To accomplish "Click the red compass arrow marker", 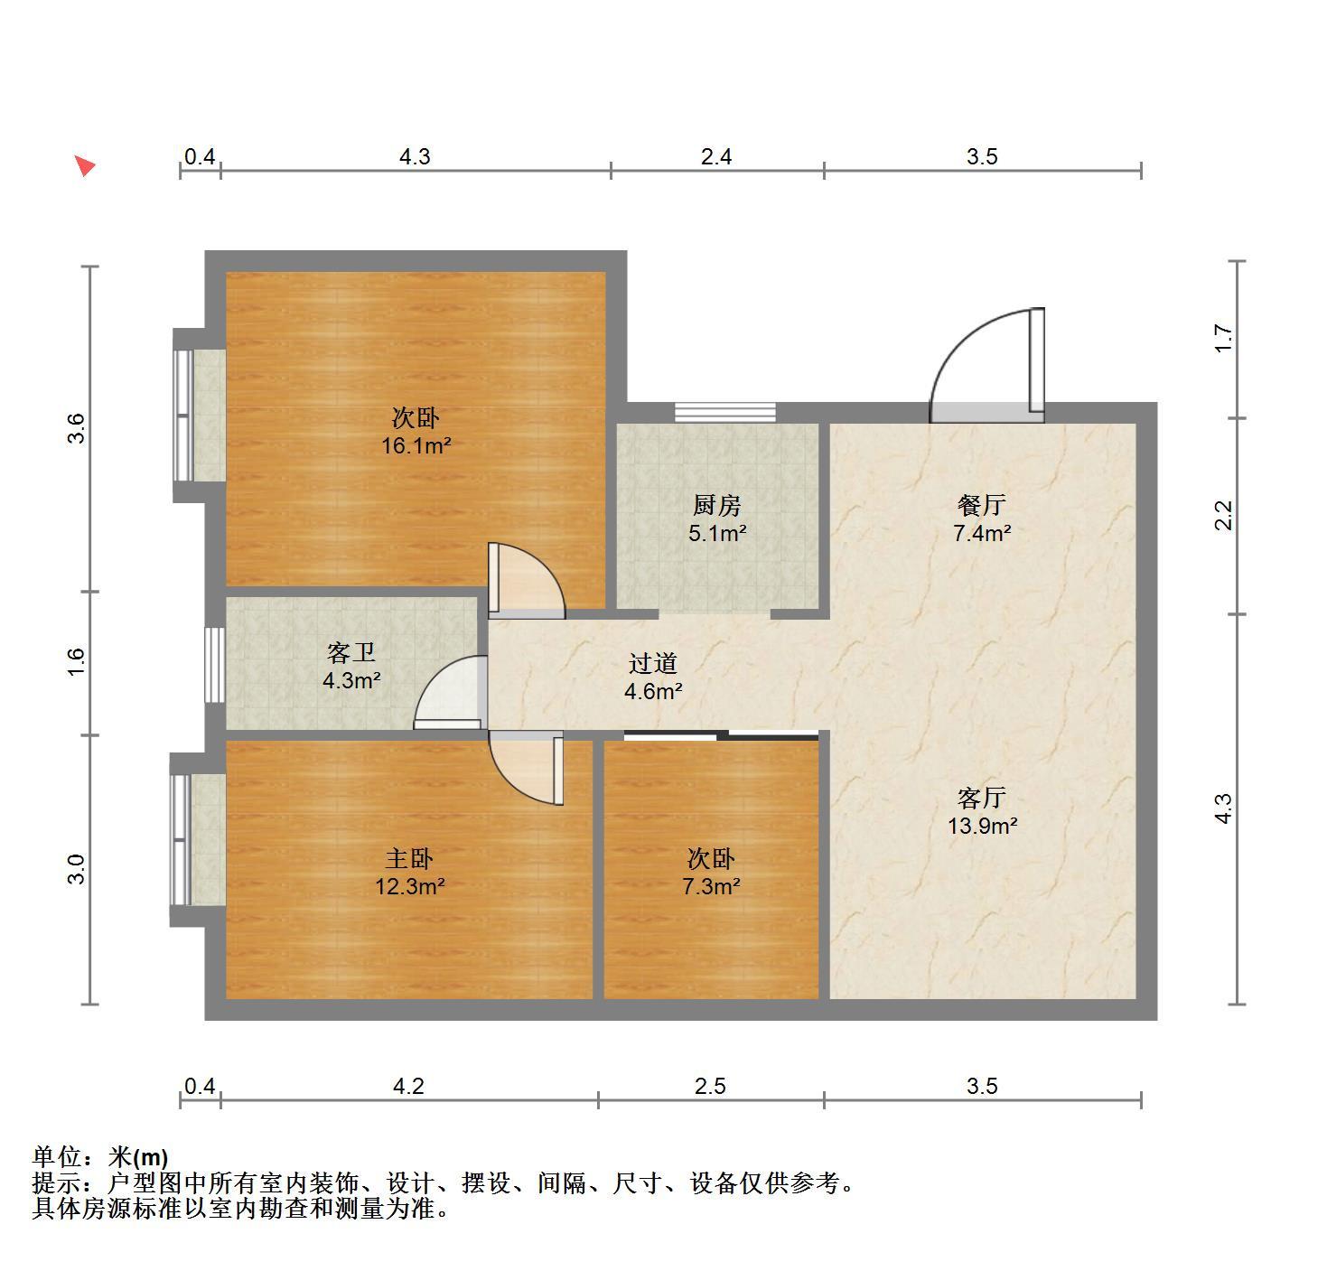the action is coord(85,165).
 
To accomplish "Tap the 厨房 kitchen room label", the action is coord(716,505).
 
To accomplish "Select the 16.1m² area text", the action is coord(416,446).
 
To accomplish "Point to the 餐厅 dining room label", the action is coord(982,505).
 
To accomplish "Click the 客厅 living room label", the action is coord(982,798).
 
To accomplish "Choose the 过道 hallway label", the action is coord(653,663).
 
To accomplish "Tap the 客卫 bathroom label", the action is coord(351,652).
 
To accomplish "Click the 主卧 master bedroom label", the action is coord(409,858).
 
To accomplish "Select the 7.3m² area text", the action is coord(711,886).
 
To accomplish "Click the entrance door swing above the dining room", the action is coord(987,365).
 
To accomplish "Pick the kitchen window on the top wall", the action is coord(725,413).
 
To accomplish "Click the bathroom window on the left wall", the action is coord(215,665).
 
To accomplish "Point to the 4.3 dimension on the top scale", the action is coord(415,157).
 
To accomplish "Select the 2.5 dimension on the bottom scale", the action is coord(711,1086).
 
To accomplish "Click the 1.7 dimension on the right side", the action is coord(1224,338).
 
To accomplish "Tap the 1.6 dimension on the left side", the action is coord(76,662).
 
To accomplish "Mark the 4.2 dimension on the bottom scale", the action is coord(408,1086).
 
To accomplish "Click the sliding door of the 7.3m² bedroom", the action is coord(722,735).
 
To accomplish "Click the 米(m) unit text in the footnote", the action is coord(138,1157).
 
